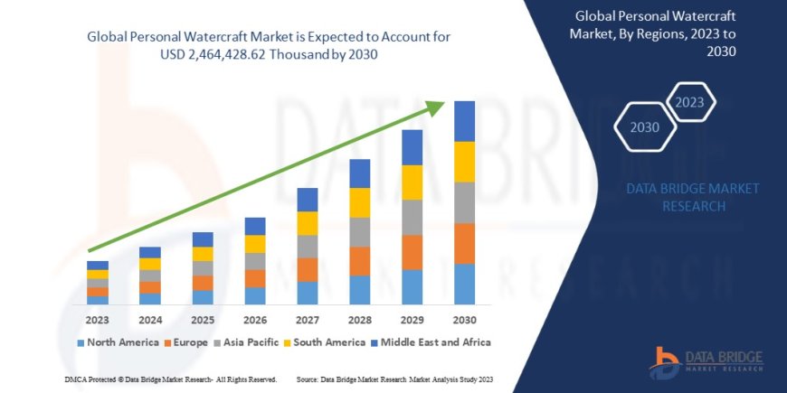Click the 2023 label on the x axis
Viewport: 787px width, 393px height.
pos(98,320)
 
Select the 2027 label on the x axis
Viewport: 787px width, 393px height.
pos(307,320)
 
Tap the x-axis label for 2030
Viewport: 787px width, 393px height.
pos(464,320)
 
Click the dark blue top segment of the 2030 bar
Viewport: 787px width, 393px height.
pos(464,121)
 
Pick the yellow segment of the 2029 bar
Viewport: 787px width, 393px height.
pos(412,182)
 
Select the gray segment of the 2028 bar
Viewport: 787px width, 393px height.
pos(359,232)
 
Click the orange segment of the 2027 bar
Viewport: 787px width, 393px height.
pos(307,269)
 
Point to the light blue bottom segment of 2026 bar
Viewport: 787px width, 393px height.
pos(255,295)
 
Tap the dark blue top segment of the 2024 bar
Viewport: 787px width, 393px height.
pos(150,252)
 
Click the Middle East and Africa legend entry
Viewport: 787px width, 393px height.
pos(431,342)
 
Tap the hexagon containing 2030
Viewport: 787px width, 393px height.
pos(644,127)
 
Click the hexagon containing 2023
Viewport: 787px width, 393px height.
pos(689,101)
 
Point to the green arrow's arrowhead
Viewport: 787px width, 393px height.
pos(435,108)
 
